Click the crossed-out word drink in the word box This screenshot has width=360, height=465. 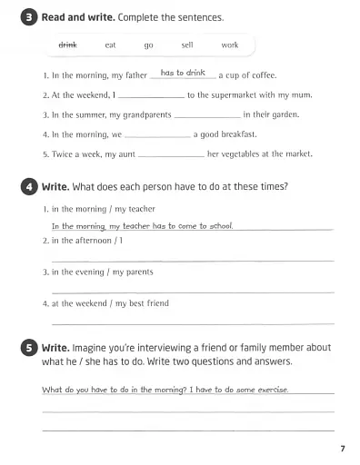point(67,45)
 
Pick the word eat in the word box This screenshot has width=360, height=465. point(110,45)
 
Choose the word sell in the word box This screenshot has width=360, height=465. point(187,45)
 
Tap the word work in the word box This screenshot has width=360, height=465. point(229,45)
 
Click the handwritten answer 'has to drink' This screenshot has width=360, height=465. point(183,72)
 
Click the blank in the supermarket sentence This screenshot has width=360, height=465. point(151,96)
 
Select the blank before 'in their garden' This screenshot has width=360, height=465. point(206,116)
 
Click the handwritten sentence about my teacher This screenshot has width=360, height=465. point(142,225)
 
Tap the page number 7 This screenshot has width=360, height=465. point(341,449)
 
